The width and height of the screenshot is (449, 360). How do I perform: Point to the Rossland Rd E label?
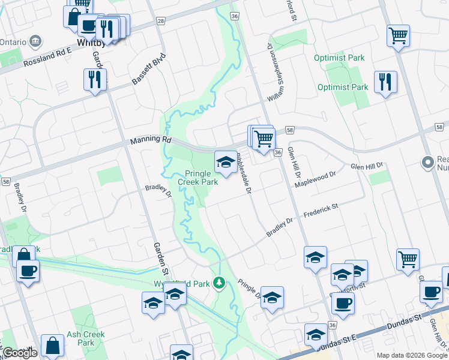pyautogui.click(x=47, y=59)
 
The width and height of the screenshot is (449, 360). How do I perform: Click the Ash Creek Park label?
pyautogui.click(x=86, y=338)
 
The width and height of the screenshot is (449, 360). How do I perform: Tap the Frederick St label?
pyautogui.click(x=321, y=209)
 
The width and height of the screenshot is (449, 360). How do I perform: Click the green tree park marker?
pyautogui.click(x=220, y=282)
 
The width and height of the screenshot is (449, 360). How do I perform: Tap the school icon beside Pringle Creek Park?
pyautogui.click(x=226, y=162)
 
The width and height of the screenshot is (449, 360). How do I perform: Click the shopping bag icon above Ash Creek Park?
pyautogui.click(x=53, y=346)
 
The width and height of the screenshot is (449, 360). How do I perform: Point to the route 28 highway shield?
pyautogui.click(x=160, y=21)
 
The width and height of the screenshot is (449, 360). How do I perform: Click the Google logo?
pyautogui.click(x=20, y=352)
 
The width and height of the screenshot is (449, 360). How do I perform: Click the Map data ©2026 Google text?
pyautogui.click(x=412, y=355)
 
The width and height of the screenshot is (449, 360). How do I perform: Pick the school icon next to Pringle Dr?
pyautogui.click(x=272, y=298)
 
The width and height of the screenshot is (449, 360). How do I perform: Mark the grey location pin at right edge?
pyautogui.click(x=428, y=162)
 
